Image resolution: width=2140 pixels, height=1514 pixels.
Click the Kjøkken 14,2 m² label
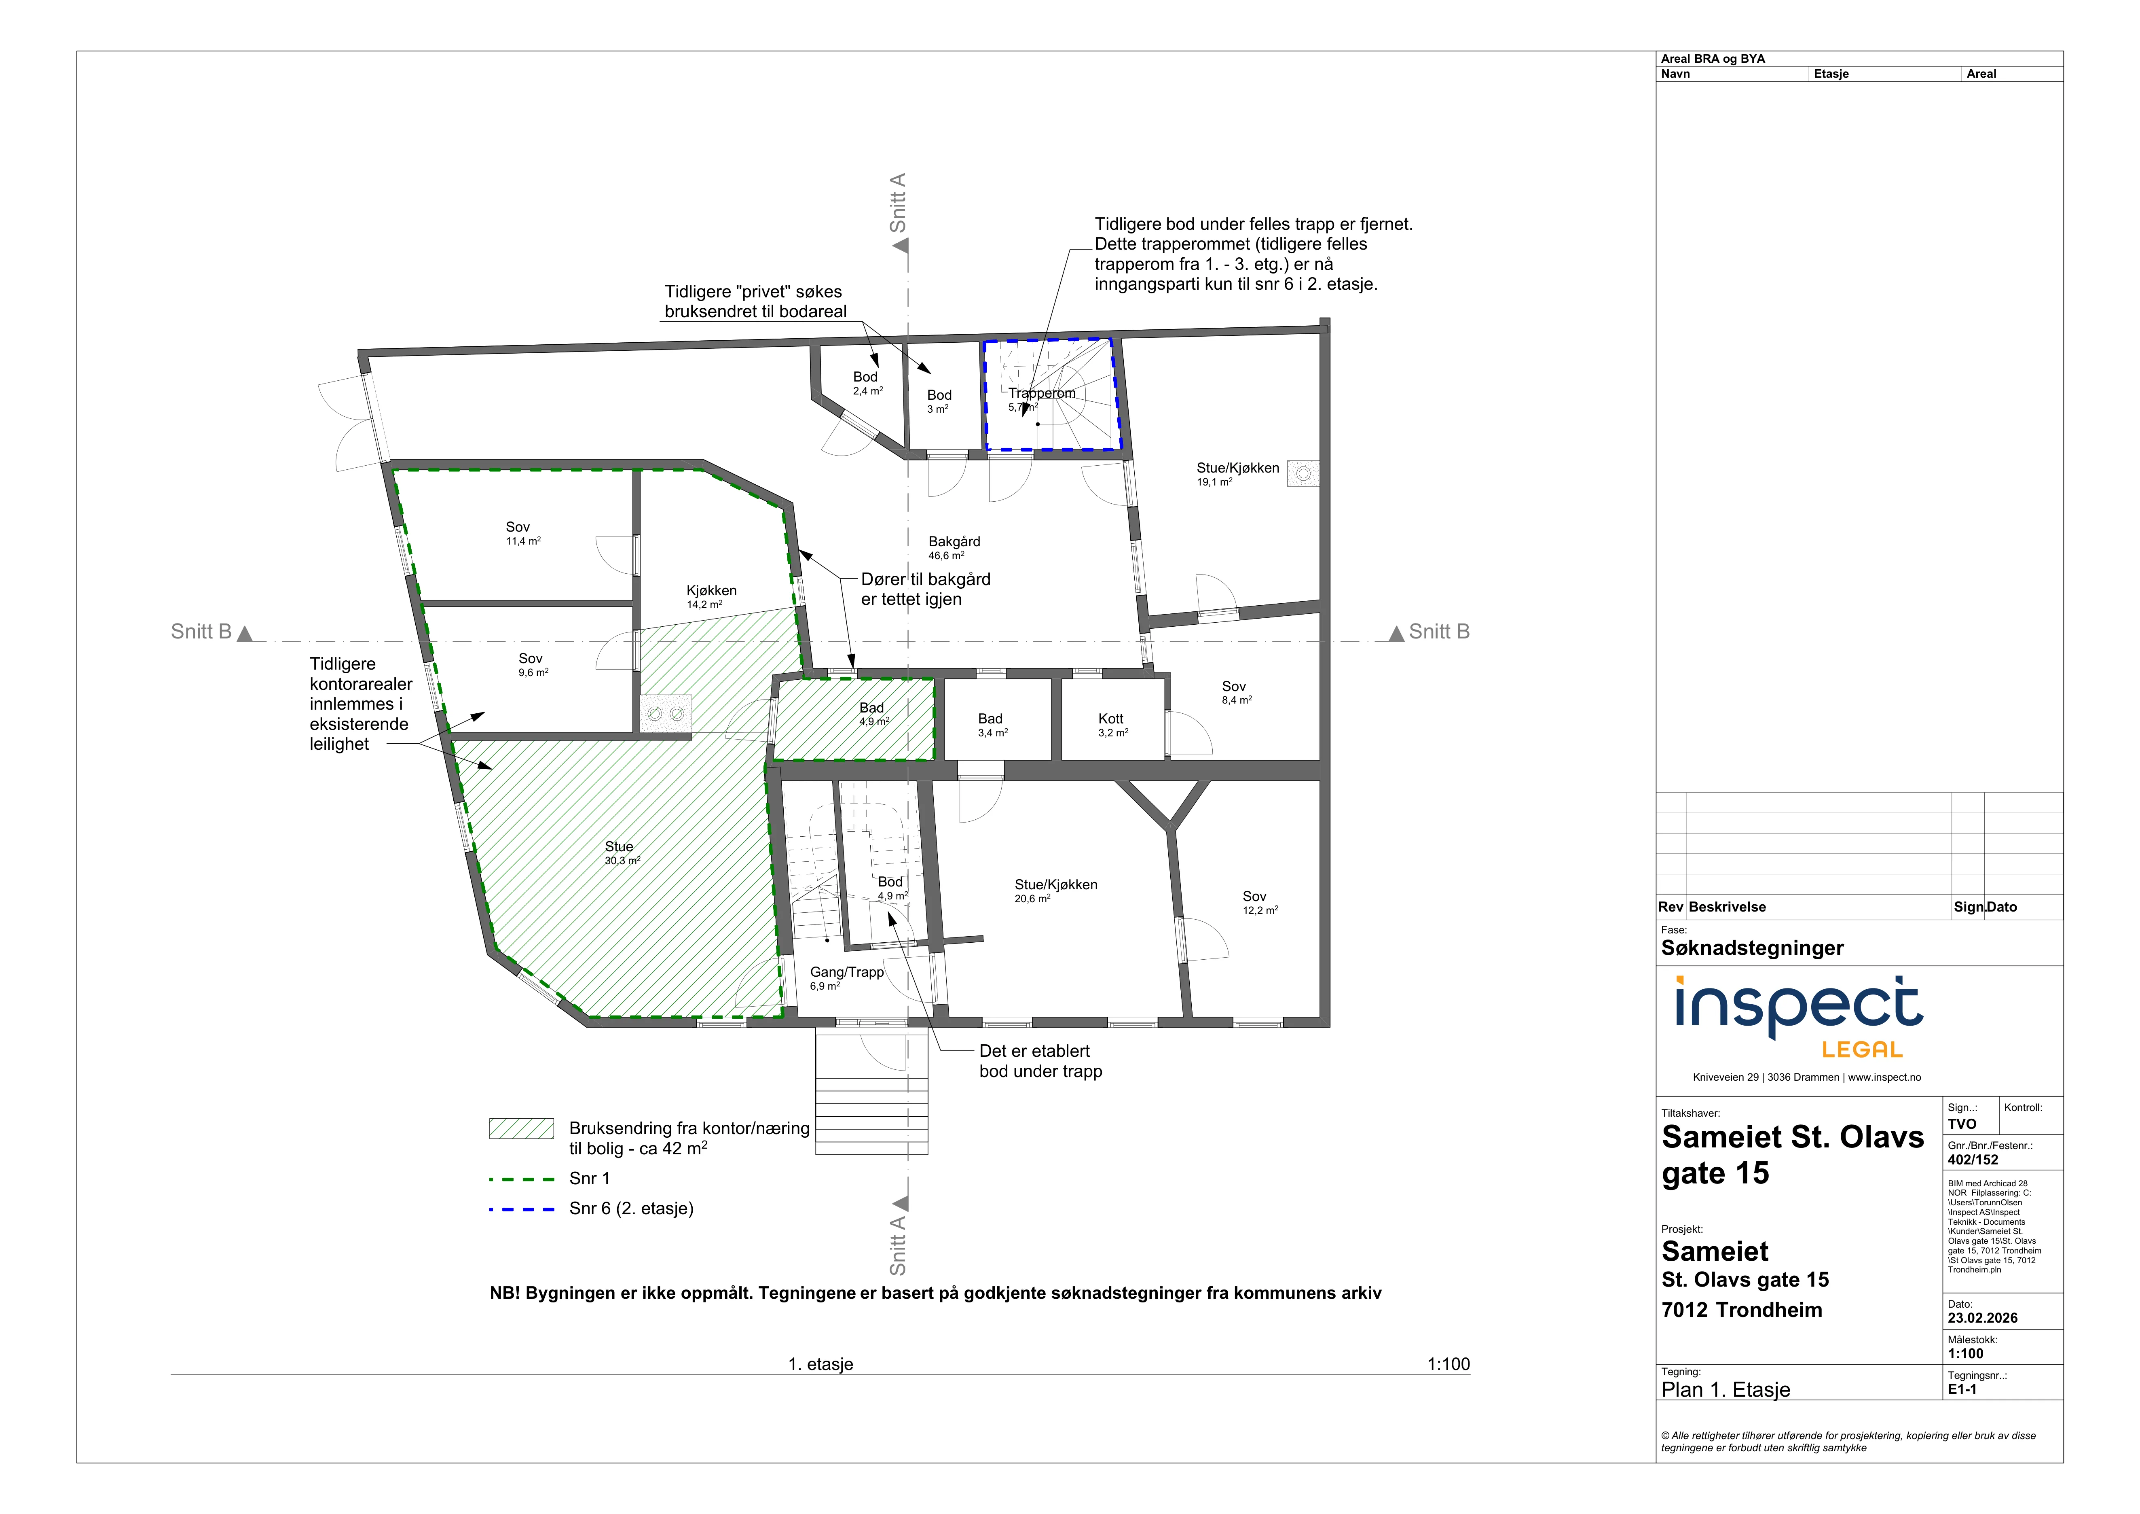point(711,597)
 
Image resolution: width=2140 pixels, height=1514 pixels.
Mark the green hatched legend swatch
point(521,1128)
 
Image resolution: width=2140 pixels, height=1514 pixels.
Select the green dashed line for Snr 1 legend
point(521,1179)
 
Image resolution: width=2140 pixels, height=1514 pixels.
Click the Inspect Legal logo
point(1798,1016)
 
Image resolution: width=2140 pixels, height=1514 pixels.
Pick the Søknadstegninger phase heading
point(1752,948)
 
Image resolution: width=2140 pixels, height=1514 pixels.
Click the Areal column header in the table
point(1981,74)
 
